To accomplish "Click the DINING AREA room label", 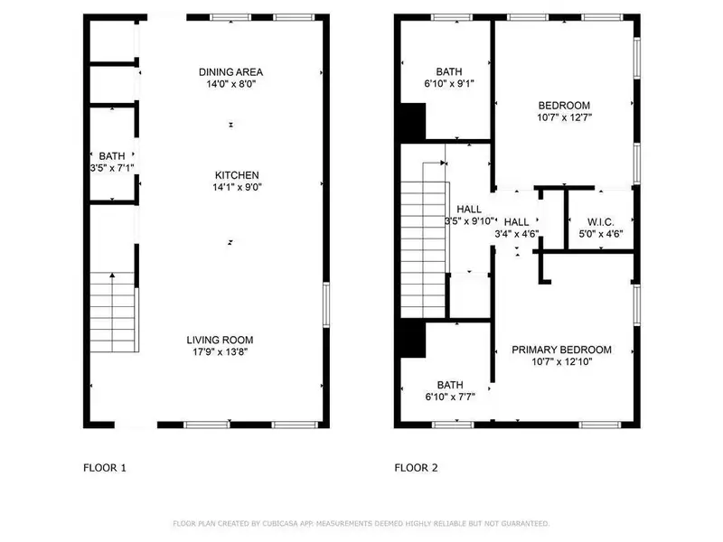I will click(230, 72).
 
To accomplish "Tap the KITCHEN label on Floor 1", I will click(237, 175).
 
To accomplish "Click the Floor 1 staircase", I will click(113, 313).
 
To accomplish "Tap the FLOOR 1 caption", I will click(105, 468).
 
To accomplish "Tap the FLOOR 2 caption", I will click(416, 468).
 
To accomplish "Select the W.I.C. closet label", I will click(601, 221).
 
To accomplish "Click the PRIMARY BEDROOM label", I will click(561, 350).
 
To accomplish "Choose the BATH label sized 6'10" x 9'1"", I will click(448, 72).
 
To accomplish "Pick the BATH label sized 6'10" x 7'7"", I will click(449, 383).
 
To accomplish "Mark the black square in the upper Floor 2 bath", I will click(413, 122).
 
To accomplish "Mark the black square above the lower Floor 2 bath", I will click(413, 340).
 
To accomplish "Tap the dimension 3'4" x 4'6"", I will click(517, 234).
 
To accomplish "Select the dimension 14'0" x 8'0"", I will click(230, 85).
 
